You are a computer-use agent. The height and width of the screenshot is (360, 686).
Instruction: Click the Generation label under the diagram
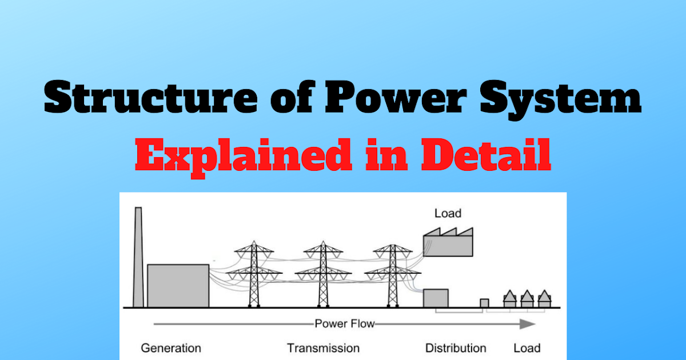click(x=171, y=348)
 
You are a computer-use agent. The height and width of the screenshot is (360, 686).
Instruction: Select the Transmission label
click(x=323, y=348)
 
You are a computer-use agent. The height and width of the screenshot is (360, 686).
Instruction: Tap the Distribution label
click(x=456, y=348)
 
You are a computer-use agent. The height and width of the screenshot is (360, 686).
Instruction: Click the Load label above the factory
click(x=448, y=214)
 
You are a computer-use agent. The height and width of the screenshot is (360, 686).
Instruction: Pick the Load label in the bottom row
click(x=527, y=348)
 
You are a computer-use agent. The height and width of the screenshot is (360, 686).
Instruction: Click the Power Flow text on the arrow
click(x=345, y=324)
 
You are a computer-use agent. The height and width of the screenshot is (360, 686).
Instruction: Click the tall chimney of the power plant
click(x=138, y=257)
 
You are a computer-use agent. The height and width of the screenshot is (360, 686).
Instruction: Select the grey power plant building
click(x=178, y=286)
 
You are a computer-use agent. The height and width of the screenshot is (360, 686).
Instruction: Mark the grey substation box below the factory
click(x=436, y=298)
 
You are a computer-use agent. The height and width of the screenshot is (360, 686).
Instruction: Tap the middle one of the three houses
click(x=526, y=299)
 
